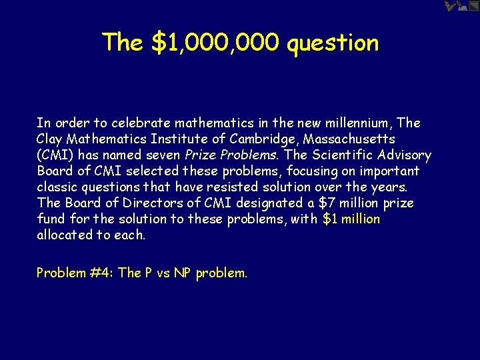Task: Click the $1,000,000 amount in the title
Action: (215, 43)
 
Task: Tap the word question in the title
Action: (333, 43)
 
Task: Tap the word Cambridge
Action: (253, 139)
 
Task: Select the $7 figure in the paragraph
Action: (323, 203)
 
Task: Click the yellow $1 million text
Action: (351, 219)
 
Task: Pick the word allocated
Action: (64, 235)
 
